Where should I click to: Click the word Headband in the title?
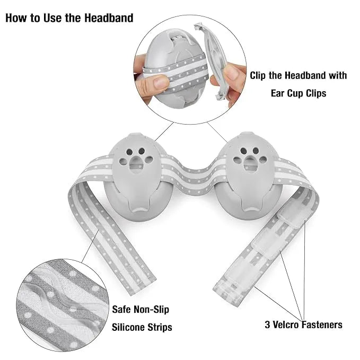(x=109, y=17)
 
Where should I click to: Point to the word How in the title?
(x=16, y=17)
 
